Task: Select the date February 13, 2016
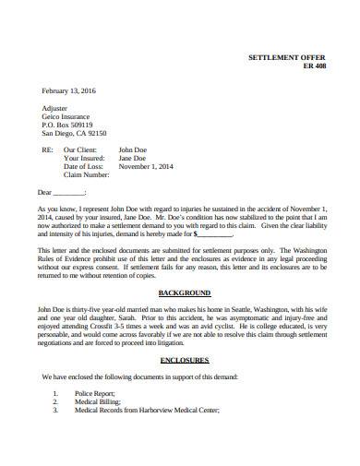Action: pyautogui.click(x=69, y=90)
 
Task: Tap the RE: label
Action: pyautogui.click(x=48, y=149)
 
